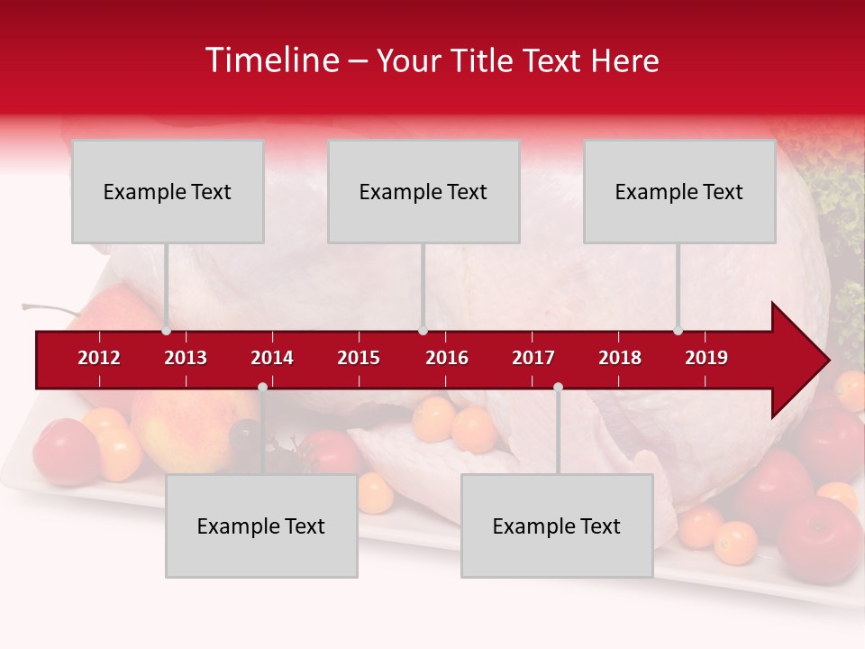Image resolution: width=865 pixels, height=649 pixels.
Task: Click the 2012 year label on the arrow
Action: [99, 358]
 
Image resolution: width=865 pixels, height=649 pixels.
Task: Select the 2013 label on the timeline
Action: [186, 358]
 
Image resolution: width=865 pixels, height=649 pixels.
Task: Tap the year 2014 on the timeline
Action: [272, 358]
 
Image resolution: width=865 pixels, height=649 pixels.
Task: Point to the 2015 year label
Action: [359, 358]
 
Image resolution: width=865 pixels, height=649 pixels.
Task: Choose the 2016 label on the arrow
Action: [447, 358]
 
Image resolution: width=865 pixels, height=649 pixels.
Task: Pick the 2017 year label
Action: [533, 358]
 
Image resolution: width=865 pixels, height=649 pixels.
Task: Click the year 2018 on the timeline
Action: [620, 358]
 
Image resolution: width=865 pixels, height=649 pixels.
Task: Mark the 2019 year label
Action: [706, 358]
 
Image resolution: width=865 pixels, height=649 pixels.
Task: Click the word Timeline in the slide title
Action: [271, 60]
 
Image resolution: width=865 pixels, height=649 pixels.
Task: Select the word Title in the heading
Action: [484, 60]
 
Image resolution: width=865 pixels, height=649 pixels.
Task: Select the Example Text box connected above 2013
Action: [168, 191]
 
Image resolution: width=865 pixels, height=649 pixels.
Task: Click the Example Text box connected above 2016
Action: [423, 191]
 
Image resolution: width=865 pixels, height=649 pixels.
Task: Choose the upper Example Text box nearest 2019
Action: [679, 191]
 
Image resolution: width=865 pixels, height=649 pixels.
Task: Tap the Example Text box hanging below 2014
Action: [261, 526]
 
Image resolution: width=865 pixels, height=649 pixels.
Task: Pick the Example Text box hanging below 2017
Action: [557, 526]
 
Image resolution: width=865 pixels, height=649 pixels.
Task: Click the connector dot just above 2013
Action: [167, 331]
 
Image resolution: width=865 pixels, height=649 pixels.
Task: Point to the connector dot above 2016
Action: [423, 331]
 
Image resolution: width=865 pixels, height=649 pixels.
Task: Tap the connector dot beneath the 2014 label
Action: [262, 387]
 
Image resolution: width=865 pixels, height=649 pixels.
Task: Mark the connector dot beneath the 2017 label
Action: [558, 387]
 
